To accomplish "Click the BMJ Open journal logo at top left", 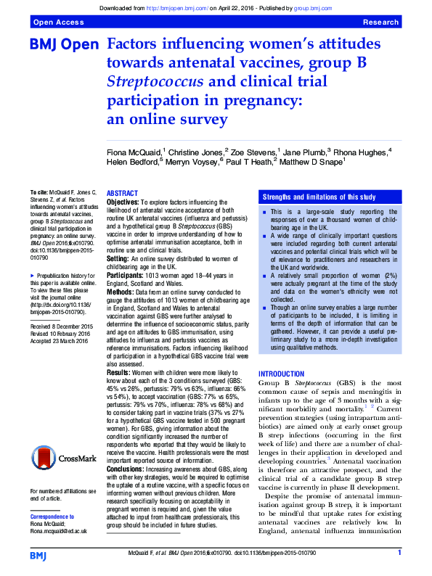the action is coord(64,45).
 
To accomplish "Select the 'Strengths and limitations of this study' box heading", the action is coord(319,197).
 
